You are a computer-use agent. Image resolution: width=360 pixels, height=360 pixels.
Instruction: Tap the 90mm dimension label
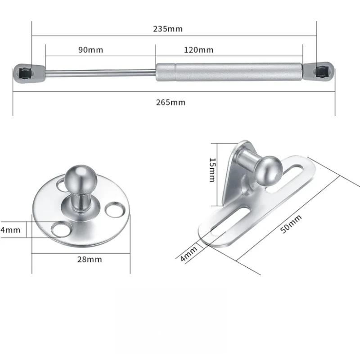tap(90, 49)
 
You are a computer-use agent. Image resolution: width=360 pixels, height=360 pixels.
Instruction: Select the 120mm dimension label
tap(198, 49)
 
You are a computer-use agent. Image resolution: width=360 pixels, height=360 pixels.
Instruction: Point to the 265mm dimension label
tap(171, 102)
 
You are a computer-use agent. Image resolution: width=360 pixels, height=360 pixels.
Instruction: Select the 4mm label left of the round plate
tap(10, 230)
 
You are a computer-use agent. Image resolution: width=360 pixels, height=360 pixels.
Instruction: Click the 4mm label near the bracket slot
tap(189, 254)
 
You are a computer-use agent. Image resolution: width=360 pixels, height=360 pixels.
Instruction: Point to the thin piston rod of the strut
tap(101, 72)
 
